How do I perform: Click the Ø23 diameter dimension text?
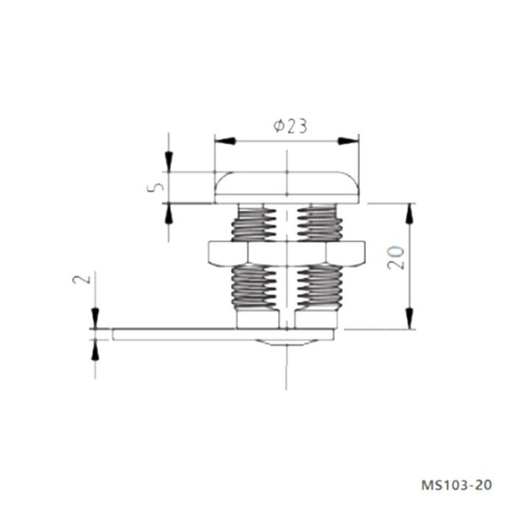coord(290,126)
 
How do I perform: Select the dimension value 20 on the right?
coord(396,257)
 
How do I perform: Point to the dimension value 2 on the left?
coord(79,281)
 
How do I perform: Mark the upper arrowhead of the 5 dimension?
coord(170,162)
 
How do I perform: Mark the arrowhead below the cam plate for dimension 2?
coord(95,349)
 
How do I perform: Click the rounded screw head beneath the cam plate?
coord(286,343)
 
